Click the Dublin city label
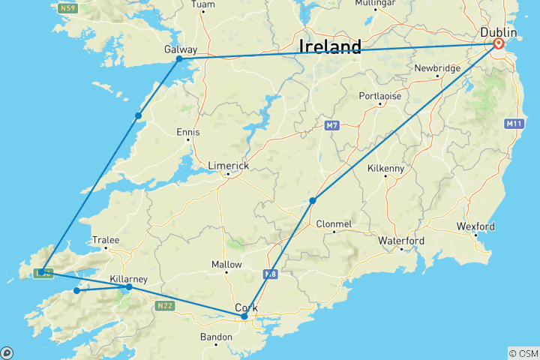[499, 33]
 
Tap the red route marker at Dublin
[499, 44]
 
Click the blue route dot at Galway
[179, 58]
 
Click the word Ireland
[330, 46]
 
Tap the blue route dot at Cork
[244, 316]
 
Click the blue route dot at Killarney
[129, 286]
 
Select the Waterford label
[402, 241]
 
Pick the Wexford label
[475, 226]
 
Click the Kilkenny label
[385, 169]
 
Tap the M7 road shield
[333, 125]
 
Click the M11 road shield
[514, 124]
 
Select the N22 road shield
[165, 305]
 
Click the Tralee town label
[105, 240]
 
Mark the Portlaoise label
[380, 96]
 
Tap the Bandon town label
[215, 337]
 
